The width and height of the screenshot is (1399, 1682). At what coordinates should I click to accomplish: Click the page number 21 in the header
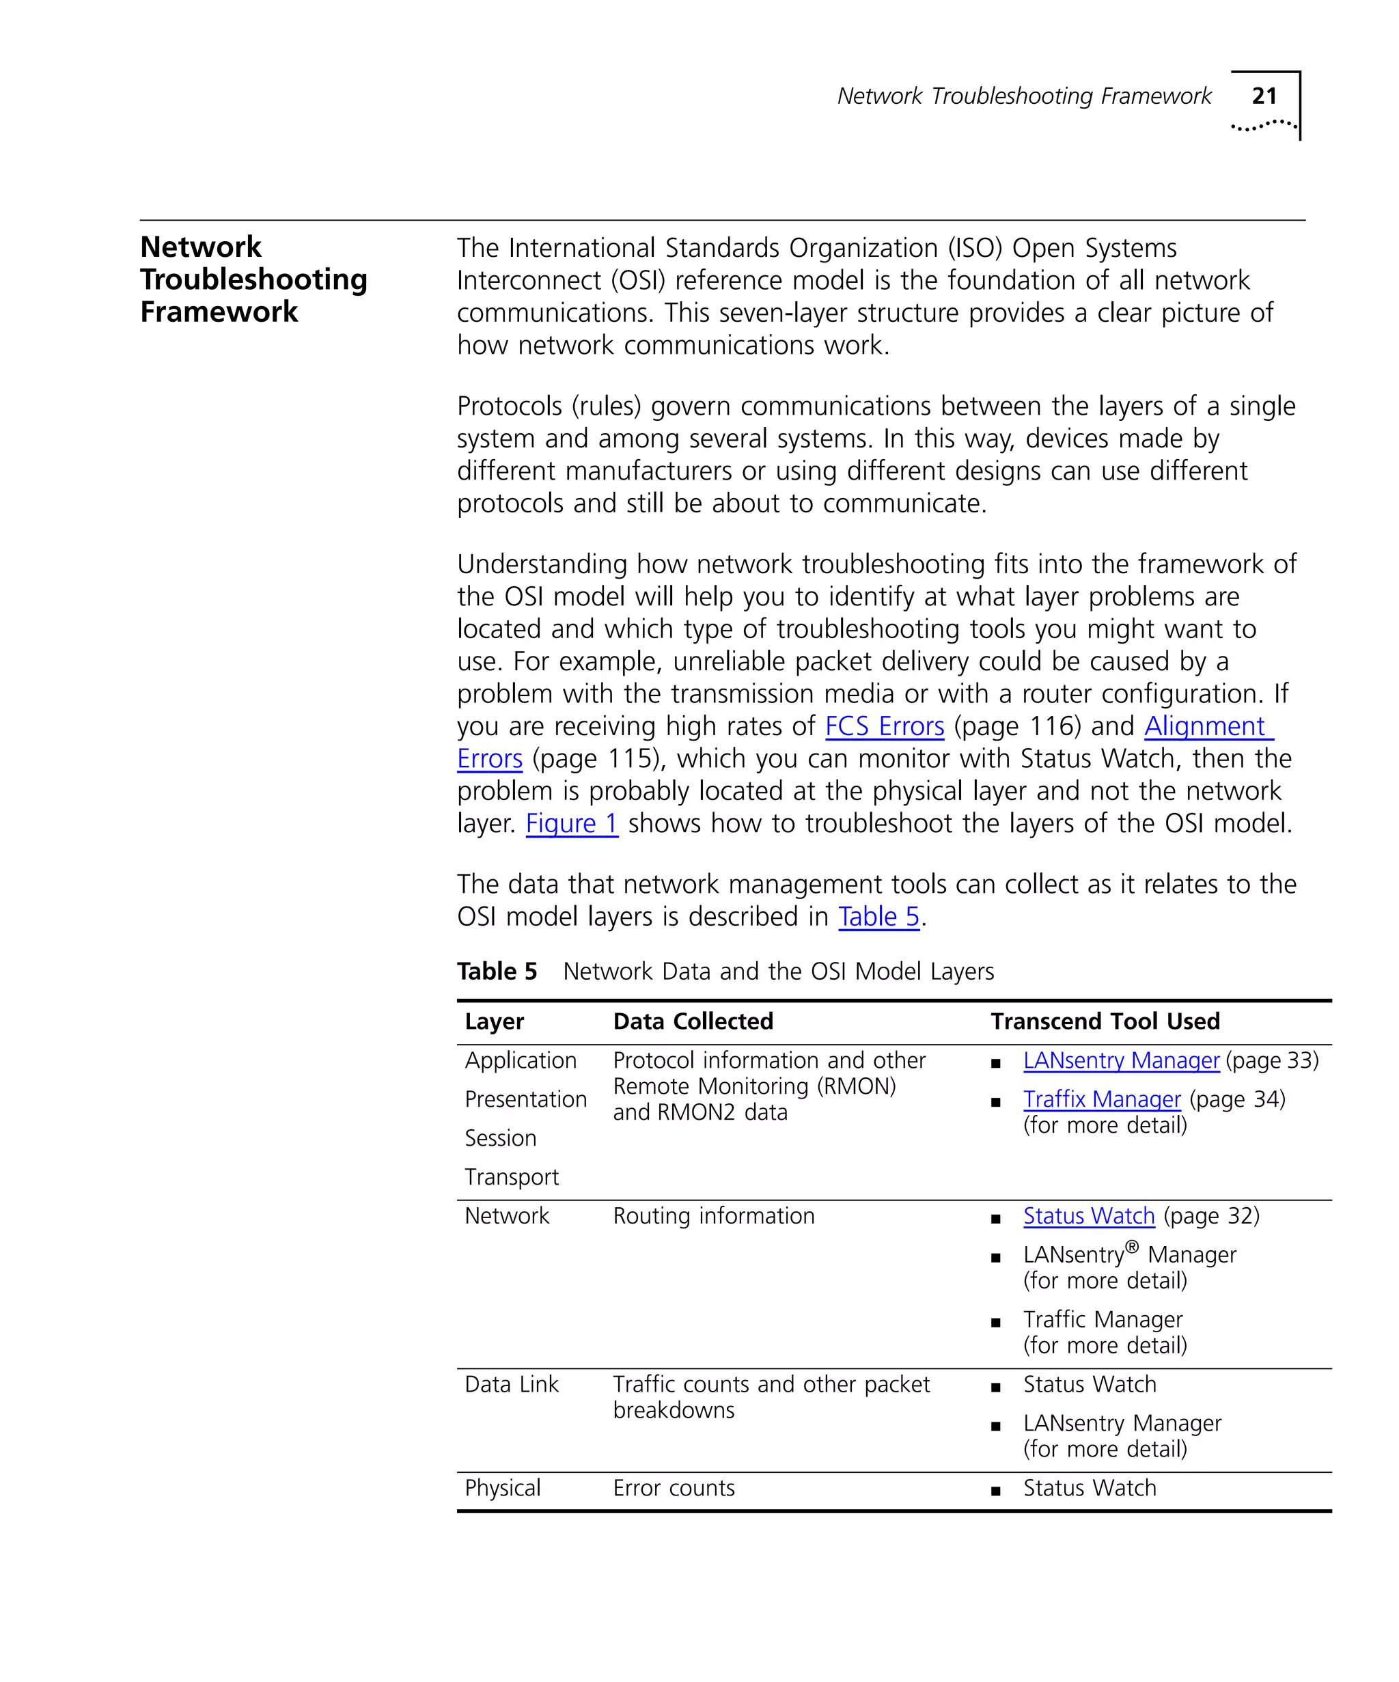pyautogui.click(x=1263, y=96)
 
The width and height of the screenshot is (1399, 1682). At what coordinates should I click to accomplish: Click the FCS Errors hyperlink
pyautogui.click(x=884, y=726)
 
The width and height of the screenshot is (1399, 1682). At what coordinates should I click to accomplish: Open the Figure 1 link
pyautogui.click(x=572, y=823)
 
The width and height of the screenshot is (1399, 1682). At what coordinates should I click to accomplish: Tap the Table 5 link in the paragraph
pyautogui.click(x=878, y=916)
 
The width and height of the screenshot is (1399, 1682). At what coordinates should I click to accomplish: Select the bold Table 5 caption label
pyautogui.click(x=497, y=971)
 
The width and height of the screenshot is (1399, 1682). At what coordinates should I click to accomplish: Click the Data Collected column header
pyautogui.click(x=693, y=1021)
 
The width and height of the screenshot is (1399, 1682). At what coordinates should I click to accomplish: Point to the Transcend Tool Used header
pyautogui.click(x=1105, y=1021)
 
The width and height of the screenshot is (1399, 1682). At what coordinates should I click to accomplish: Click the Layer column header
pyautogui.click(x=494, y=1022)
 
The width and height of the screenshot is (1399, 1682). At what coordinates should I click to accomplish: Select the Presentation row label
pyautogui.click(x=525, y=1099)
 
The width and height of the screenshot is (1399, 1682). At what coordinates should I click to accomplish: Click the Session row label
pyautogui.click(x=501, y=1138)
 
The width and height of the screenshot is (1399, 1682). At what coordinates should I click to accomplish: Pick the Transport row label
pyautogui.click(x=512, y=1176)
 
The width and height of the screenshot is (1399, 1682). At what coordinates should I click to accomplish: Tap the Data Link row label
pyautogui.click(x=512, y=1384)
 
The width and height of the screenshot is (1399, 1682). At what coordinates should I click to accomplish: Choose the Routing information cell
pyautogui.click(x=714, y=1216)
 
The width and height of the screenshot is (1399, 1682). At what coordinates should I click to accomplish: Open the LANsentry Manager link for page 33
pyautogui.click(x=1120, y=1060)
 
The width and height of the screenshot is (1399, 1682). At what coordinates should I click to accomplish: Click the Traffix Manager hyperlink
pyautogui.click(x=1101, y=1099)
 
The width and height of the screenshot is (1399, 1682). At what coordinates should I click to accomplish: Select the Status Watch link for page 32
pyautogui.click(x=1088, y=1216)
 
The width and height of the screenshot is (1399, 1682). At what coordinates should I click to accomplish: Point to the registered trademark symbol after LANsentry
pyautogui.click(x=1131, y=1247)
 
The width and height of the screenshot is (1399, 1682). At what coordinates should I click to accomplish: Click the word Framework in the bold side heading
pyautogui.click(x=219, y=312)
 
